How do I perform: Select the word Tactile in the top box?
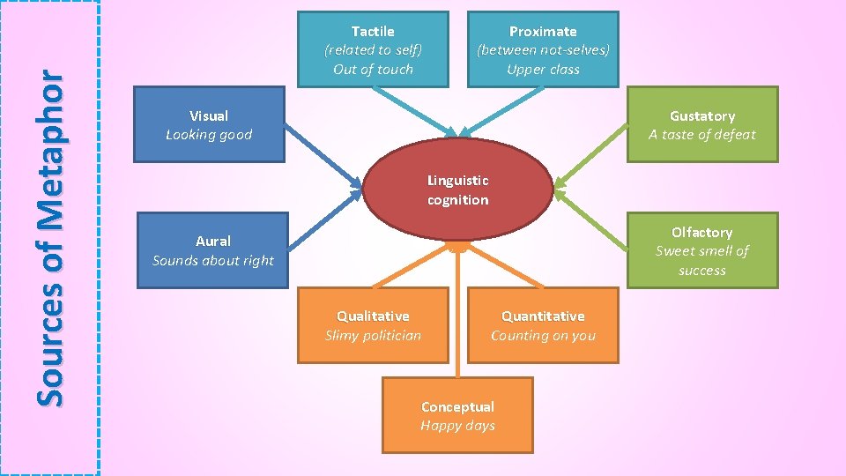click(373, 31)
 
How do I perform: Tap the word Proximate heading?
click(543, 31)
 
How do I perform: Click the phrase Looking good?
click(209, 135)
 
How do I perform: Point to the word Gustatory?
click(702, 115)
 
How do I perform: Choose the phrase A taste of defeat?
click(702, 135)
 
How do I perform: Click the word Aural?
click(213, 241)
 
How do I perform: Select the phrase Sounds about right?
click(213, 260)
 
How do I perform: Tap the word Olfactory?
click(702, 232)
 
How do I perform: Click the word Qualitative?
click(373, 316)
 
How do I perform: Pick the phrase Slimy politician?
click(373, 335)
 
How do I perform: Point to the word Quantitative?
click(543, 316)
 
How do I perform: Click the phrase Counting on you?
click(543, 335)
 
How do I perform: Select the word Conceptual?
click(457, 406)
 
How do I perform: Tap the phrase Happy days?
click(457, 426)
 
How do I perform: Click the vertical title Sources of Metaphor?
click(50, 238)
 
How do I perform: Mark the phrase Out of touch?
click(373, 69)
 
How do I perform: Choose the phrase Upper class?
click(543, 69)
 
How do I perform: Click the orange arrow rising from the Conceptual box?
click(458, 317)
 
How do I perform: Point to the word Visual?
click(209, 115)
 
